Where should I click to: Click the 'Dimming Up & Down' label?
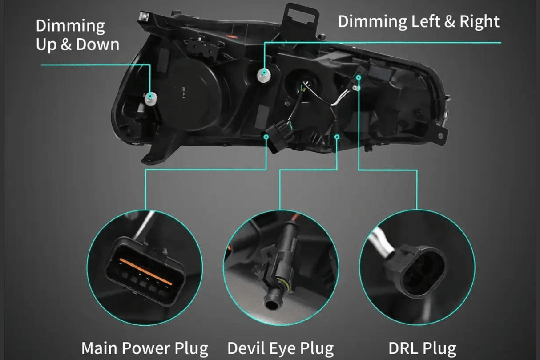(x=77, y=35)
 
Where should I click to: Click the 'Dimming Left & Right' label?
(x=419, y=21)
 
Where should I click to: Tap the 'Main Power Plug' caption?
(x=145, y=348)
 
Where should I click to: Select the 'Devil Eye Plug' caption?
(x=280, y=348)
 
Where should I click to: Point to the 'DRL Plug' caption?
(x=422, y=348)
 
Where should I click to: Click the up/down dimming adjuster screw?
(x=151, y=97)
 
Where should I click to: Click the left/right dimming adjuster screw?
(x=265, y=72)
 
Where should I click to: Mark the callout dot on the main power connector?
(x=266, y=137)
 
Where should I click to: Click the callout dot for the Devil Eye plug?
(x=337, y=137)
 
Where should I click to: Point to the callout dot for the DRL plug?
(x=359, y=77)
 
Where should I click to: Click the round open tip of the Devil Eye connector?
(x=271, y=305)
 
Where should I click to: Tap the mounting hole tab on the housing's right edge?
(x=441, y=134)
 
